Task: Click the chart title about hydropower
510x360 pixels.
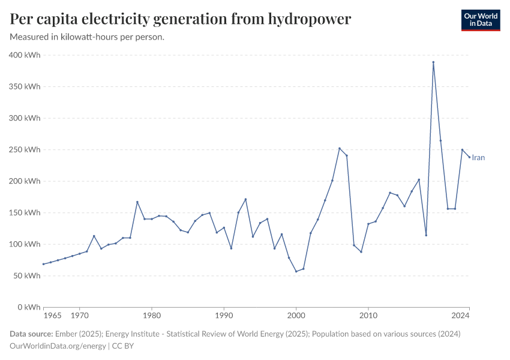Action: tap(181, 19)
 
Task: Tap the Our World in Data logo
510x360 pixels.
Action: tap(480, 20)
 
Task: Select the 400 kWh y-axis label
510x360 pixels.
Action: tap(25, 55)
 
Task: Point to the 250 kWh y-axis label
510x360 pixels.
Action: tap(25, 150)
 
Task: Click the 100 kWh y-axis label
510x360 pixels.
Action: tap(25, 244)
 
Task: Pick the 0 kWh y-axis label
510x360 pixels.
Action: tap(29, 307)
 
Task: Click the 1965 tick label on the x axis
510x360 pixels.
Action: tap(52, 316)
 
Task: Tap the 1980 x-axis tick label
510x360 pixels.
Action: tap(152, 316)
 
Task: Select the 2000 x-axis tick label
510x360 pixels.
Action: tap(296, 316)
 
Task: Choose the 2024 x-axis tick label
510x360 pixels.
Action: tap(461, 316)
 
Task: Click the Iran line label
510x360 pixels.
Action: tap(478, 158)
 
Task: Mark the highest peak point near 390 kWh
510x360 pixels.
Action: tap(433, 62)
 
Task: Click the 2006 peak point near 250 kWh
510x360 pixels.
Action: tap(340, 148)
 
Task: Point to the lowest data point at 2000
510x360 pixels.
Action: tap(296, 271)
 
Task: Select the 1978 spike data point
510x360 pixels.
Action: tap(137, 202)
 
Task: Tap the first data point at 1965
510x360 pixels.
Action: tap(43, 264)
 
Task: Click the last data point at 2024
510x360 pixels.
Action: tap(469, 157)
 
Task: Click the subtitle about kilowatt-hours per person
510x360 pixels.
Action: tap(88, 37)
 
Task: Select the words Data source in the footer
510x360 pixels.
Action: tap(32, 334)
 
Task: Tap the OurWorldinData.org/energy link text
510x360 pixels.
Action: tap(58, 346)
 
